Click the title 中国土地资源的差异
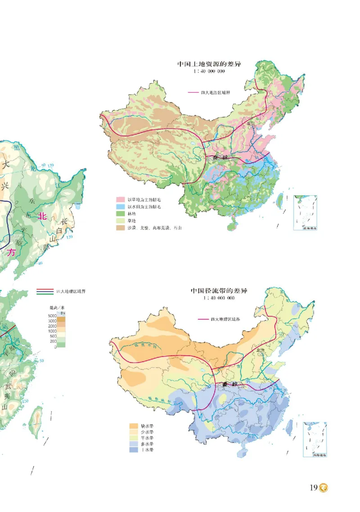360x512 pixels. (x=209, y=64)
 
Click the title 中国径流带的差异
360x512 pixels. (x=219, y=291)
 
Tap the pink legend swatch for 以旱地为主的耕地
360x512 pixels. (x=120, y=199)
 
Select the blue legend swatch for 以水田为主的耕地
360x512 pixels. (x=120, y=206)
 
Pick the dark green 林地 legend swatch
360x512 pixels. (x=120, y=214)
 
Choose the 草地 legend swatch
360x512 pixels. (x=120, y=221)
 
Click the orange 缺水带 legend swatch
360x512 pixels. (x=134, y=426)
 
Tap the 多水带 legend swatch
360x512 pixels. (x=134, y=444)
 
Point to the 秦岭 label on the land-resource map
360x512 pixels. (x=220, y=157)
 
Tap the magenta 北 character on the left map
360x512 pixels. (x=43, y=216)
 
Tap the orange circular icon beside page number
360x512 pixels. (x=324, y=488)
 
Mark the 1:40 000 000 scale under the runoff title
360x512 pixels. (x=219, y=298)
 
